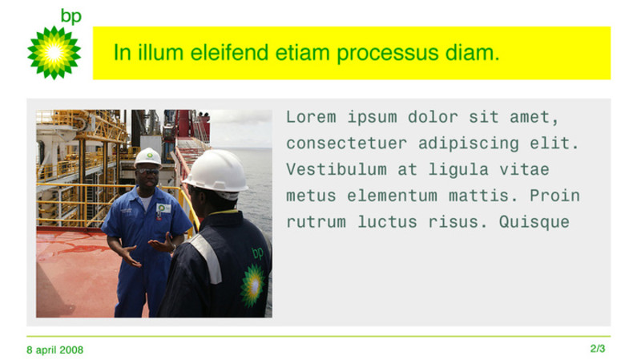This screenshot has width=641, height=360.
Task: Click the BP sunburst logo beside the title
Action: pyautogui.click(x=54, y=53)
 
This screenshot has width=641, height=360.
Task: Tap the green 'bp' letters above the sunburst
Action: pyautogui.click(x=71, y=17)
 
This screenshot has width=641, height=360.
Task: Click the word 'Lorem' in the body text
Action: pyautogui.click(x=311, y=117)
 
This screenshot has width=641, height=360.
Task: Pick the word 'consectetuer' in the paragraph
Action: pyautogui.click(x=346, y=144)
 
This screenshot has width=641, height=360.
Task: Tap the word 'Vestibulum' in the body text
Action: pyautogui.click(x=336, y=169)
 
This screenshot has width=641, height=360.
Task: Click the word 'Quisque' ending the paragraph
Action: pyautogui.click(x=534, y=222)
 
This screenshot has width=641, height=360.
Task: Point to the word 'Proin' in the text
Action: pyautogui.click(x=554, y=196)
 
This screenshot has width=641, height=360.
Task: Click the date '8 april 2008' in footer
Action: pyautogui.click(x=54, y=350)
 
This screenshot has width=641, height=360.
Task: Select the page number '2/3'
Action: pyautogui.click(x=598, y=349)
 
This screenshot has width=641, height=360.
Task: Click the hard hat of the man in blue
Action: pyautogui.click(x=148, y=157)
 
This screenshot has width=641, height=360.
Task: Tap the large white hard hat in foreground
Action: pyautogui.click(x=216, y=171)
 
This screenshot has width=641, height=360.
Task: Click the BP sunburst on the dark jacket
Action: pyautogui.click(x=252, y=285)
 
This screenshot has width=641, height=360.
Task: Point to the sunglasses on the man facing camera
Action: pyautogui.click(x=148, y=172)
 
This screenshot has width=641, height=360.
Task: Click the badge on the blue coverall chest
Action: pyautogui.click(x=163, y=208)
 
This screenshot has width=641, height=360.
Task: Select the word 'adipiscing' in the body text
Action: pyautogui.click(x=469, y=144)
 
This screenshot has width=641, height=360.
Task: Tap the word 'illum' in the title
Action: pyautogui.click(x=160, y=53)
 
